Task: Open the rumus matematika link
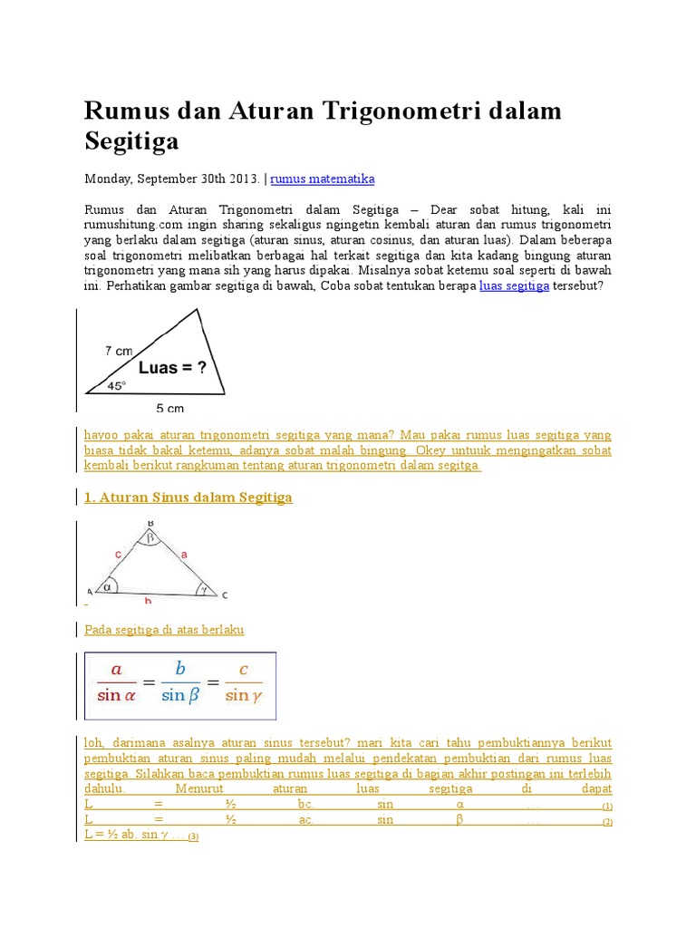coord(323,179)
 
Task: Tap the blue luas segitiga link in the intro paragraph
coord(514,285)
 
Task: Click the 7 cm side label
coord(119,350)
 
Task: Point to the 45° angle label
coord(117,385)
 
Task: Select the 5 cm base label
coord(169,409)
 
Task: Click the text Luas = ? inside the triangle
coord(171,368)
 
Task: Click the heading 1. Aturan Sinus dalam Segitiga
coord(188,498)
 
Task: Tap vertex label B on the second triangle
coord(150,523)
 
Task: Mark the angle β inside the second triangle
coord(151,536)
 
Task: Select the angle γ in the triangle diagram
coord(206,587)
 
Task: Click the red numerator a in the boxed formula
coord(115,670)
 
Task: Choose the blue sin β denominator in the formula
coord(179,696)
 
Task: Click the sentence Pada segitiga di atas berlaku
coord(164,629)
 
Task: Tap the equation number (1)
coord(607,806)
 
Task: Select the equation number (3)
coord(193,836)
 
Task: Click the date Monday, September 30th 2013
coord(172,179)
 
